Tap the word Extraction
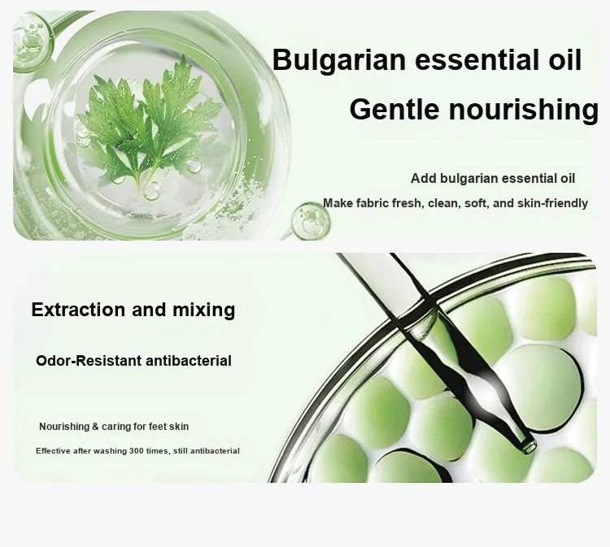pos(78,310)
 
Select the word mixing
pos(203,310)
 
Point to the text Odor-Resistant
pos(89,361)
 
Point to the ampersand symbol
pos(95,427)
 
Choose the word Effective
pos(54,451)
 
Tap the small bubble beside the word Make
pos(310,220)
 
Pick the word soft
pos(475,203)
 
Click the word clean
pos(443,203)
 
